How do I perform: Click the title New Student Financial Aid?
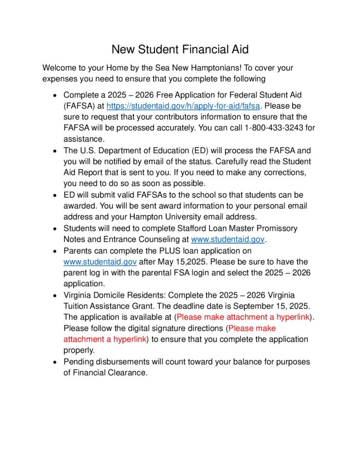pyautogui.click(x=180, y=49)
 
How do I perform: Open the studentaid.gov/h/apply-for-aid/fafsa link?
pyautogui.click(x=183, y=106)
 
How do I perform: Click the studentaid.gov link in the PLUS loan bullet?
pyautogui.click(x=100, y=262)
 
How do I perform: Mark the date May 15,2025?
pyautogui.click(x=178, y=262)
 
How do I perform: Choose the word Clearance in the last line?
pyautogui.click(x=129, y=373)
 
